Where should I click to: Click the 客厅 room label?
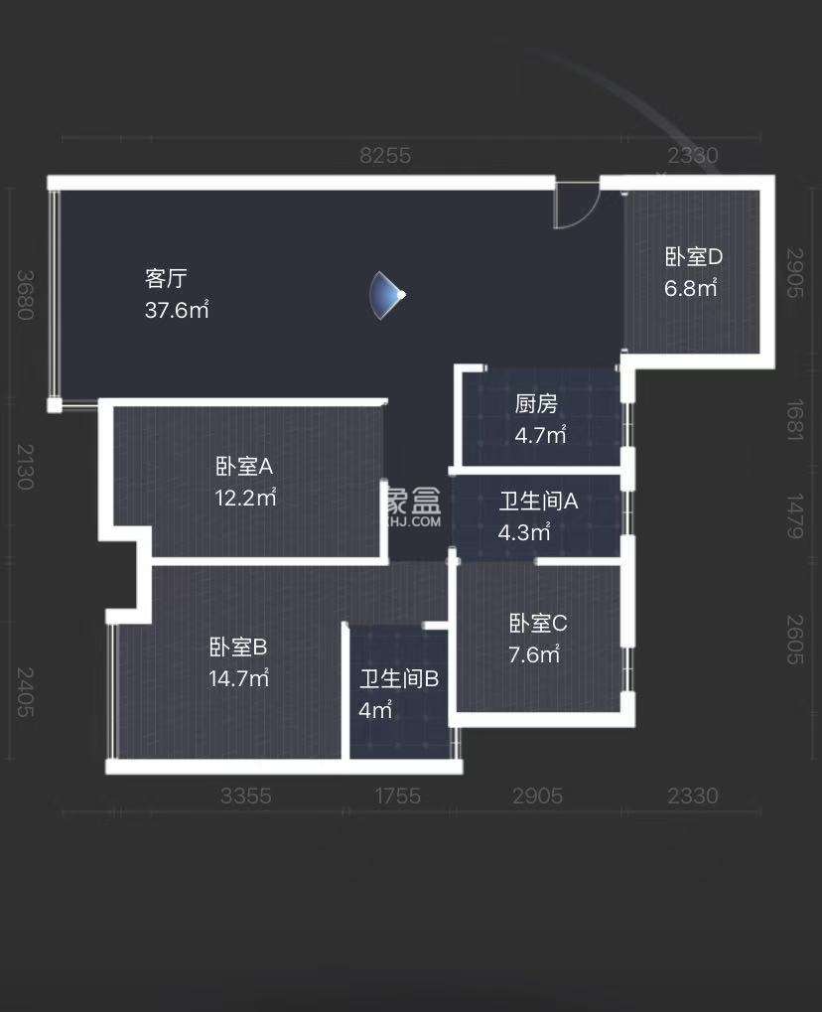point(167,277)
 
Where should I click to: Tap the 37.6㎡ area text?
point(177,310)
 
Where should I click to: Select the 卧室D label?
point(693,256)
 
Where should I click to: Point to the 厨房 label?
point(536,403)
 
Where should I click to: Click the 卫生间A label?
point(538,501)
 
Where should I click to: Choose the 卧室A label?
point(244,466)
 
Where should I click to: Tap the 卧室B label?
point(238,648)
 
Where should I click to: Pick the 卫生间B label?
point(399,679)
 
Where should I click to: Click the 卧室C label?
point(538,624)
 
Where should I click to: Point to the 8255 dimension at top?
point(385,155)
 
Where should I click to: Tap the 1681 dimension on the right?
point(793,422)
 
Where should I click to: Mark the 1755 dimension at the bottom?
point(399,795)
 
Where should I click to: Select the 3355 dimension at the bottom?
point(245,795)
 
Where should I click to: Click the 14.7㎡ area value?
point(239,679)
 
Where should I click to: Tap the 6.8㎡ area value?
point(691,289)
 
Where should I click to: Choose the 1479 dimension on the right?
point(793,516)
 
